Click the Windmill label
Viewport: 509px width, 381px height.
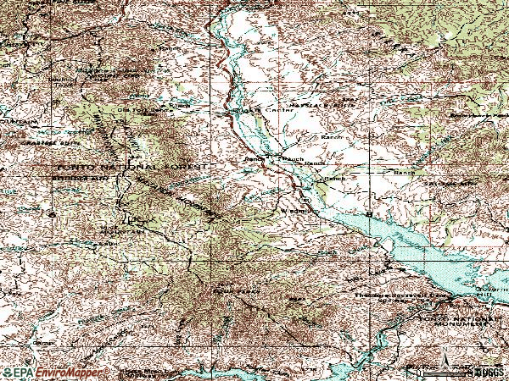pos(288,209)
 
